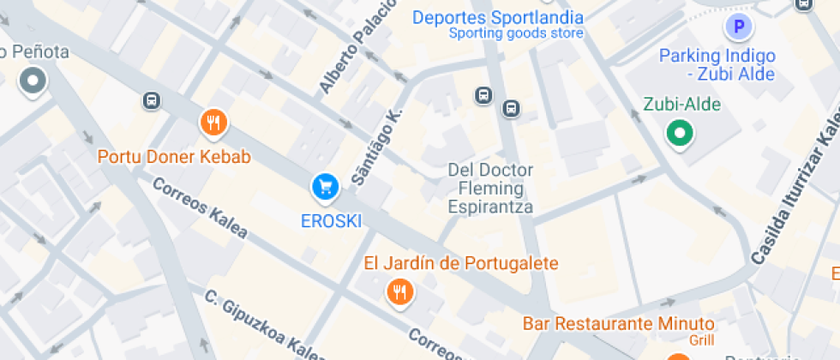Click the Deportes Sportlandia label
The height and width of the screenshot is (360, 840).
tap(497, 17)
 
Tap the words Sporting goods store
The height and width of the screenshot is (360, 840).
tap(516, 33)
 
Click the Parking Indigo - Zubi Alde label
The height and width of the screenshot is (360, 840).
tap(717, 65)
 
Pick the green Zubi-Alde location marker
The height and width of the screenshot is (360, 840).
tap(681, 133)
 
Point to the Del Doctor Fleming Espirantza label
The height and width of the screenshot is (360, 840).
tap(490, 189)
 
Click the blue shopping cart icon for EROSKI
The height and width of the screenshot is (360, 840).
tap(325, 186)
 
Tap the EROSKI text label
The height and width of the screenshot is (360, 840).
tap(331, 221)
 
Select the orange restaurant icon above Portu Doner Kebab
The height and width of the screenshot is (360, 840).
tap(213, 123)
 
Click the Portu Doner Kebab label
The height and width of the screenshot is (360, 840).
tap(174, 157)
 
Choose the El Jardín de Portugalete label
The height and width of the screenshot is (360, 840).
tap(461, 263)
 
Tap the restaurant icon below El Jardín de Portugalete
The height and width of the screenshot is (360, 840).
tap(399, 293)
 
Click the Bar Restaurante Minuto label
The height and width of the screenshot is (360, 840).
tap(619, 324)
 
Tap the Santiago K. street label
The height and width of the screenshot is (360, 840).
tap(377, 147)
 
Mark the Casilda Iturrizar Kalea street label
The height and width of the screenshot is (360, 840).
tap(796, 184)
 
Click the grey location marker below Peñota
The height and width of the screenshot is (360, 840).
tap(33, 82)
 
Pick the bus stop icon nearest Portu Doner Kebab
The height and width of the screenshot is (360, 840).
tap(152, 100)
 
